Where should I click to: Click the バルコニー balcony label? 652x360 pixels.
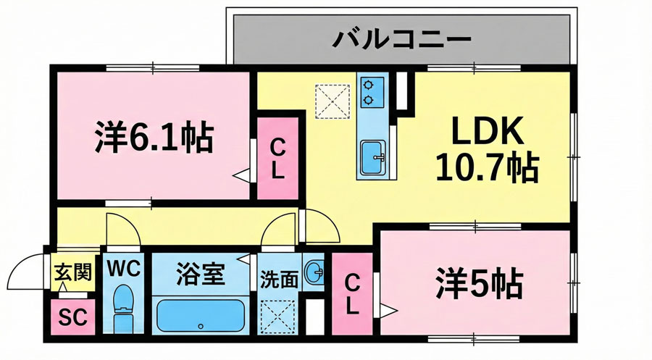[x=401, y=38]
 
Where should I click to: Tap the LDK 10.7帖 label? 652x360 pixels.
[x=486, y=150]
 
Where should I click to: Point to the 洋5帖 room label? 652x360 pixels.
[x=479, y=283]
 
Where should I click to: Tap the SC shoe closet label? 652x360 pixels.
[x=71, y=317]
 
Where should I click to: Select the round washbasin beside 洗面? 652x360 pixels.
[x=314, y=273]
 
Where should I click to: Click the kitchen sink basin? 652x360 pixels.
[x=373, y=156]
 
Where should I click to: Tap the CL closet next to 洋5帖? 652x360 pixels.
[x=351, y=293]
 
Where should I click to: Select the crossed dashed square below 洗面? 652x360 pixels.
[x=279, y=316]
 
